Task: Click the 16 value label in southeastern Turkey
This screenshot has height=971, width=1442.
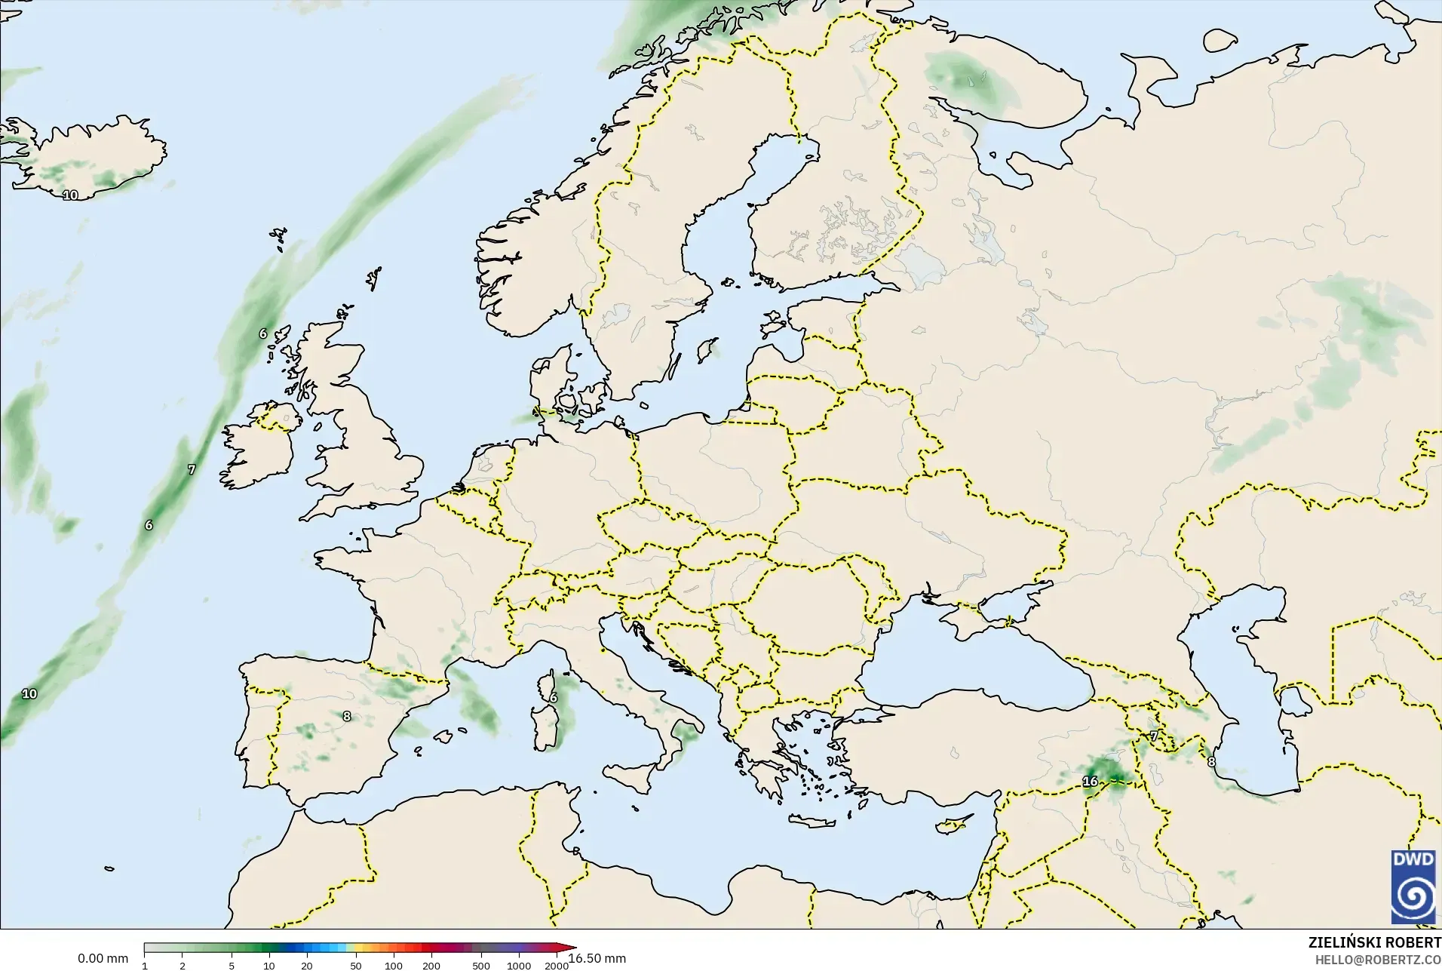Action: (x=1090, y=782)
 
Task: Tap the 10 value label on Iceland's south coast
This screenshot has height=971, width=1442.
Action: (x=70, y=195)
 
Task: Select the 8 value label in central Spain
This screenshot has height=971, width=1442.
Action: (x=347, y=716)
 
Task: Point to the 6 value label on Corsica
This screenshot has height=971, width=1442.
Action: (x=553, y=698)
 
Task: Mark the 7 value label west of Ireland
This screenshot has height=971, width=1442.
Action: (x=192, y=469)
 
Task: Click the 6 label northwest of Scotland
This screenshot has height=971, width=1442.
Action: (x=263, y=333)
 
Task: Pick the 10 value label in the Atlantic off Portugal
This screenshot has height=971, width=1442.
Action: (x=29, y=693)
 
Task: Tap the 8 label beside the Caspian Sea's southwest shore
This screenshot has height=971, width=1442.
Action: (x=1211, y=762)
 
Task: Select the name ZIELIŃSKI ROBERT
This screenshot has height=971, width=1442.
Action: (x=1375, y=943)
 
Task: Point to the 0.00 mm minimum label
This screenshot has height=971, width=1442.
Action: (x=103, y=958)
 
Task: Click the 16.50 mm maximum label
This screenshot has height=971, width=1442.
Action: (x=597, y=958)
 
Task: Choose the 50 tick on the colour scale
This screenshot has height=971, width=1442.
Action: (x=355, y=966)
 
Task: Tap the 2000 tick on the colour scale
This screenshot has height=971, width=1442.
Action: (x=557, y=966)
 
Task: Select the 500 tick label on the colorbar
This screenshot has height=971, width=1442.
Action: (x=480, y=966)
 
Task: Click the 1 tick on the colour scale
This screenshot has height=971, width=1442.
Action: (x=145, y=966)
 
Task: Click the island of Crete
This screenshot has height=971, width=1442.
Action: (x=819, y=822)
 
